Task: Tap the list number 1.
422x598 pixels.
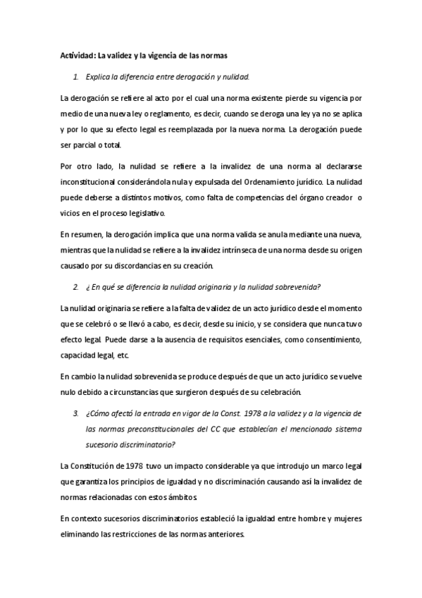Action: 76,77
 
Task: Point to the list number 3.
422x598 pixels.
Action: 76,413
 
